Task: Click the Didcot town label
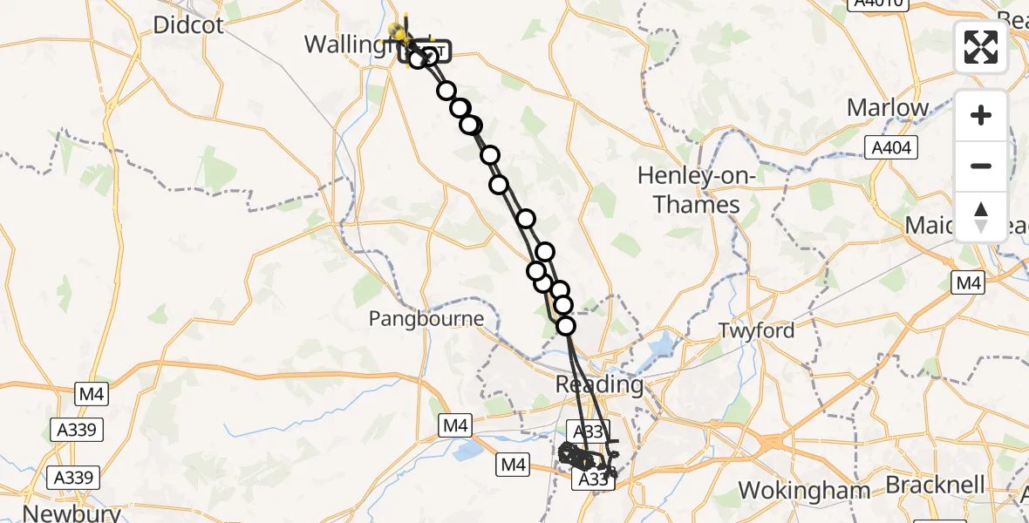click(x=187, y=24)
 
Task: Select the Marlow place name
click(x=889, y=108)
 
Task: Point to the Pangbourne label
click(x=426, y=319)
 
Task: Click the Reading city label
click(x=600, y=384)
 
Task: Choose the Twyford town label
click(x=756, y=330)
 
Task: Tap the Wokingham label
click(x=805, y=491)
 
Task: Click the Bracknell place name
click(x=936, y=485)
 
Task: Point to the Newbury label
click(x=72, y=513)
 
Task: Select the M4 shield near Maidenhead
click(x=968, y=282)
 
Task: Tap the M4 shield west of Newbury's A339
click(x=91, y=395)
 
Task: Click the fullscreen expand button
click(x=981, y=47)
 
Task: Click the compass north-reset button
click(x=981, y=217)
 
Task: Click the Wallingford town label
click(x=351, y=44)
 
